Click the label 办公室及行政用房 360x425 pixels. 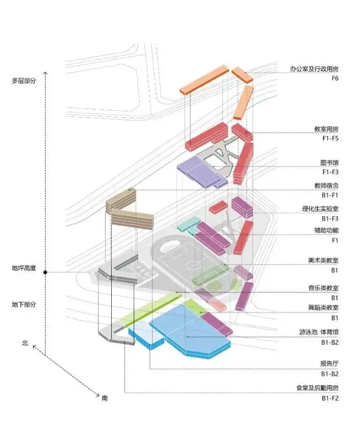pos(314,69)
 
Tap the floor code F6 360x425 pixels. pos(335,78)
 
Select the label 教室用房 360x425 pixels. pos(326,129)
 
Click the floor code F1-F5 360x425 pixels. pos(330,138)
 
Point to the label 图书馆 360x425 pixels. pos(329,162)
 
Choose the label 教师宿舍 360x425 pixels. pos(326,186)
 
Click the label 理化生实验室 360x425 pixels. pos(321,209)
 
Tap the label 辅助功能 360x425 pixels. pos(326,230)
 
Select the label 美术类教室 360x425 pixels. pos(323,260)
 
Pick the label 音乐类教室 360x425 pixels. pos(323,288)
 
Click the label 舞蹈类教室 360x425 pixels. pos(323,308)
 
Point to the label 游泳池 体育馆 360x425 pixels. pos(319,332)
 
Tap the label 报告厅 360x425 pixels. pos(329,364)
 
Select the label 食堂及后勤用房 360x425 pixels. pos(317,388)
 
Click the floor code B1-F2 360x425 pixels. pos(330,398)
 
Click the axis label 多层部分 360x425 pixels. pos(24,80)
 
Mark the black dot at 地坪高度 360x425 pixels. pos(45,272)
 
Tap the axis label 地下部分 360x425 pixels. pos(24,304)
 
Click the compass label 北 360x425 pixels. pos(25,343)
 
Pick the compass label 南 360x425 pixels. pos(104,398)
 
